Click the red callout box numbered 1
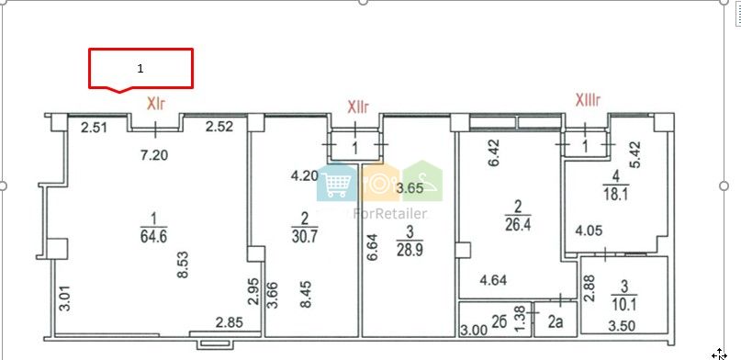point(140,69)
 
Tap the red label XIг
point(156,104)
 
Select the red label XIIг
point(358,107)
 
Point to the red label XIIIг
point(588,100)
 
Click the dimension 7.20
point(154,154)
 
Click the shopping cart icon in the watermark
point(337,183)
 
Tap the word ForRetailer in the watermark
point(390,214)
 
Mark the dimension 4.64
point(493,280)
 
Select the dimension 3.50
point(622,325)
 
